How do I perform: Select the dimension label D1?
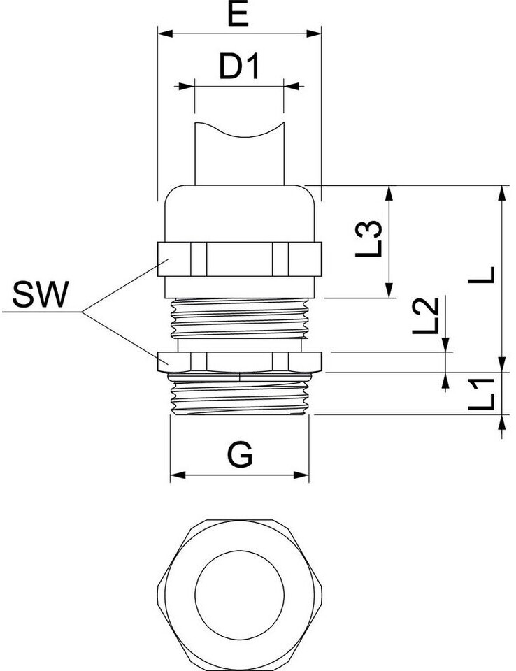pyautogui.click(x=239, y=68)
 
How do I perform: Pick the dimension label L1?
pyautogui.click(x=482, y=394)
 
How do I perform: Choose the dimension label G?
pyautogui.click(x=240, y=455)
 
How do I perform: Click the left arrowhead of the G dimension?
pyautogui.click(x=175, y=476)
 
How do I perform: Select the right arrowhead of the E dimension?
pyautogui.click(x=315, y=33)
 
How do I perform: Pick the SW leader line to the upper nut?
pyautogui.click(x=122, y=287)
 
